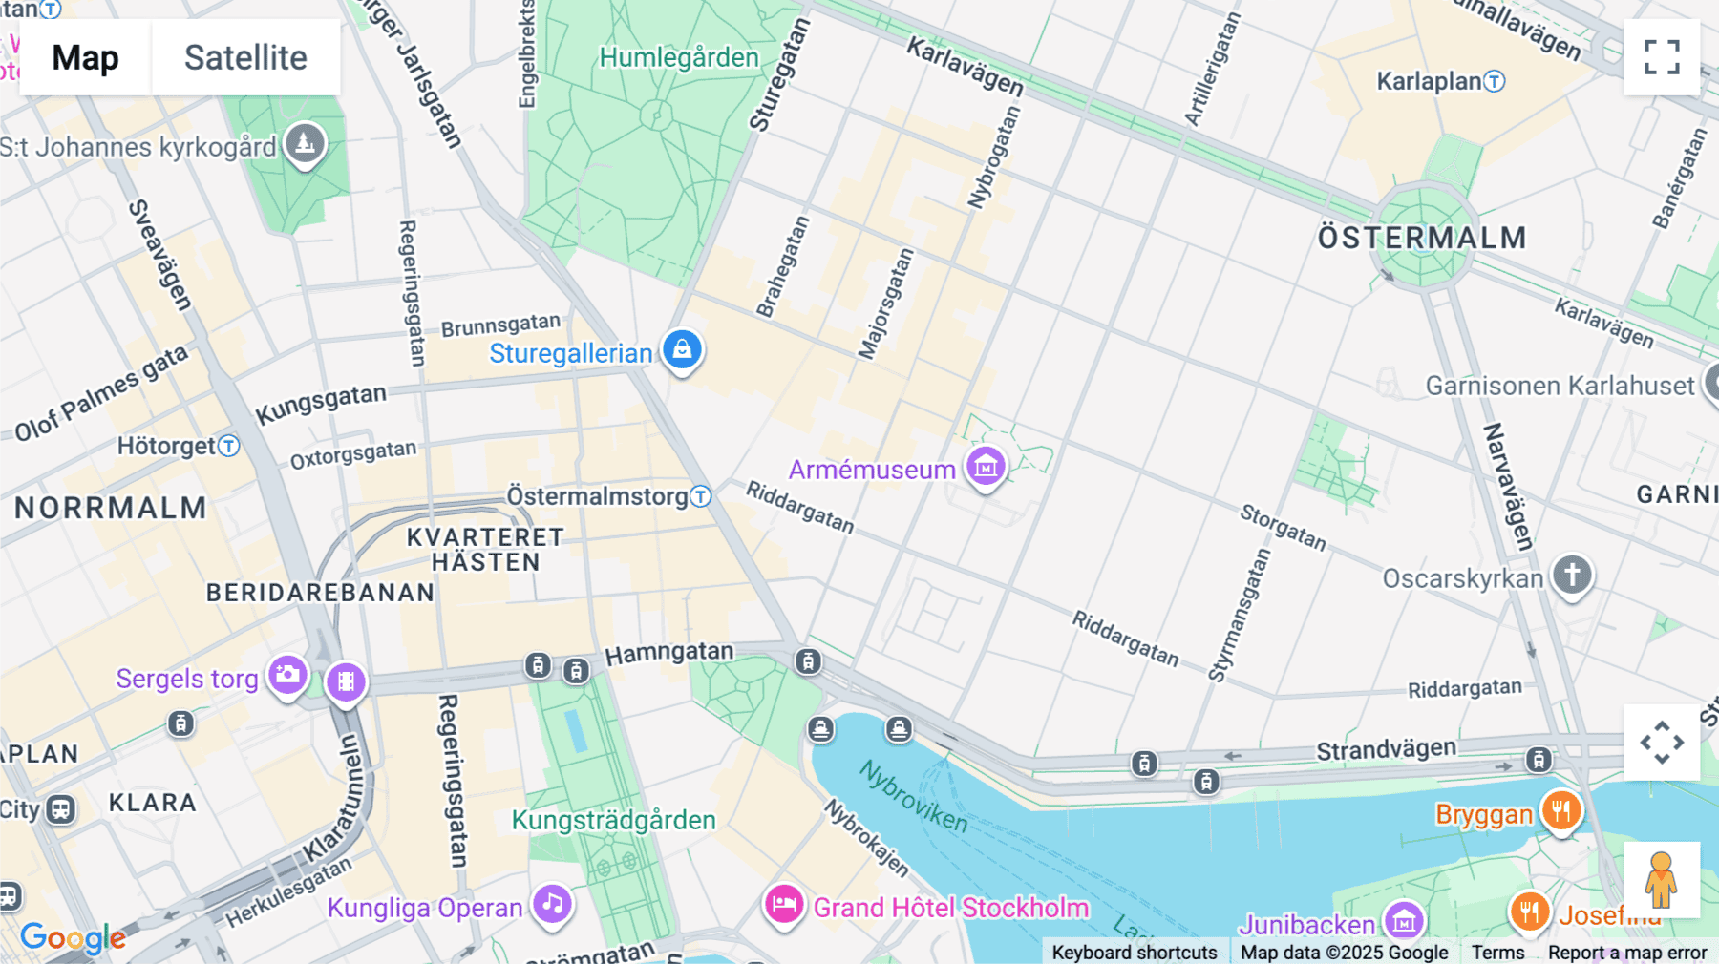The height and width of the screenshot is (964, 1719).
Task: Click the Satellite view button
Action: [x=245, y=57]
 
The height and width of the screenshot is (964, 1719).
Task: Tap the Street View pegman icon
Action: [x=1661, y=880]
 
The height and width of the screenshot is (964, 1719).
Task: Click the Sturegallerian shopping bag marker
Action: [x=682, y=349]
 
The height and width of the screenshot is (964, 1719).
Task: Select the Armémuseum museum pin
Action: [x=986, y=467]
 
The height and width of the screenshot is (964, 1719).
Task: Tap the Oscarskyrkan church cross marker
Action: [x=1572, y=575]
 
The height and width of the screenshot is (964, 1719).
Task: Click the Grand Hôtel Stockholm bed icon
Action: [x=784, y=903]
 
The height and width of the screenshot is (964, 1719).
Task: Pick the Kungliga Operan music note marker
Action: [x=552, y=903]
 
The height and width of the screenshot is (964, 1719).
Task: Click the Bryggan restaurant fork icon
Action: [x=1561, y=811]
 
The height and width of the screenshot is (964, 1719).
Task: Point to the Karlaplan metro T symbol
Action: [x=1495, y=81]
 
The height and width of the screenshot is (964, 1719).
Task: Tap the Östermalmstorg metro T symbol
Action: [x=701, y=496]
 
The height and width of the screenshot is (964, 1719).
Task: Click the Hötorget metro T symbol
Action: [x=228, y=446]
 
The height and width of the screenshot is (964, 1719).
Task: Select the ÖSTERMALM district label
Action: [x=1421, y=238]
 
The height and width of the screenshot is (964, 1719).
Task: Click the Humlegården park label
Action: [x=678, y=57]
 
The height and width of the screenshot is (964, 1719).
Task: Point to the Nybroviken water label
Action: [x=913, y=796]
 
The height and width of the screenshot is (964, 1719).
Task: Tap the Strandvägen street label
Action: [x=1386, y=749]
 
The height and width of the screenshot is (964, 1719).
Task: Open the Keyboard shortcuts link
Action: [x=1134, y=952]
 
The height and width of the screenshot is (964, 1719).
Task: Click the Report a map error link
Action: [x=1626, y=952]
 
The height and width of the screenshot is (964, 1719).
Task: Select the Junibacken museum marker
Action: [x=1404, y=921]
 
